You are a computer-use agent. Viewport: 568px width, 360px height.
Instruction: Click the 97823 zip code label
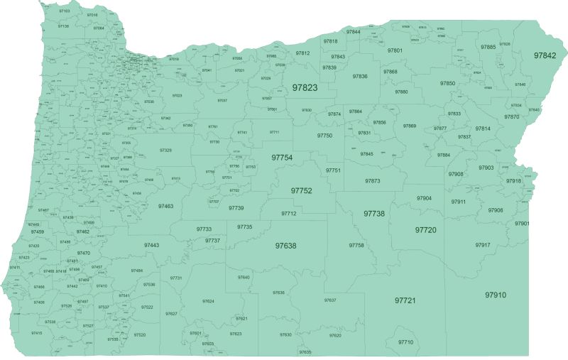coord(305,88)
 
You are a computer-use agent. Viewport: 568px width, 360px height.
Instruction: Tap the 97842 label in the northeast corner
coord(545,55)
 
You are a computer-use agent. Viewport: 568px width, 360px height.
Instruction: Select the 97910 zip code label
coord(496,295)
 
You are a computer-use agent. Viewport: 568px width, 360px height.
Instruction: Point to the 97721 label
coord(405,301)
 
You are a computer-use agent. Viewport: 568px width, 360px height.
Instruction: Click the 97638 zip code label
coord(285,246)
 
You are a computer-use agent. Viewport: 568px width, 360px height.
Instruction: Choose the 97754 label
coord(282,157)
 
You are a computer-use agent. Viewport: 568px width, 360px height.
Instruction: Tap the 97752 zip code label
coord(302,191)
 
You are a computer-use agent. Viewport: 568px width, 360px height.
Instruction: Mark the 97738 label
coord(374,214)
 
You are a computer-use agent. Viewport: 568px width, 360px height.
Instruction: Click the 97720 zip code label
coord(426,230)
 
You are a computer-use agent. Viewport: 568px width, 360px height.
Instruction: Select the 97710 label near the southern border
coord(405,342)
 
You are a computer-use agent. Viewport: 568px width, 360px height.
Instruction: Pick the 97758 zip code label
coord(356,245)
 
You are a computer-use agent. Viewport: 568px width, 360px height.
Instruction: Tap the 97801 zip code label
coord(395,50)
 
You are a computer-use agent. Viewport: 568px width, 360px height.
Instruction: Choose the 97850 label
coord(447,83)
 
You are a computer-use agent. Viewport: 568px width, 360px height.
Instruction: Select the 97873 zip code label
coord(373,181)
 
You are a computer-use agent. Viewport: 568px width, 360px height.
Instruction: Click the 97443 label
coord(151,245)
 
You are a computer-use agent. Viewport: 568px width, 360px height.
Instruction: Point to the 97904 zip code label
coord(424,198)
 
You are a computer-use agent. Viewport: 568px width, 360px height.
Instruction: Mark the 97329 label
coord(165,151)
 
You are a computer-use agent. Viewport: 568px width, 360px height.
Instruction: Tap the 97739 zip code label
coord(236,208)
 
